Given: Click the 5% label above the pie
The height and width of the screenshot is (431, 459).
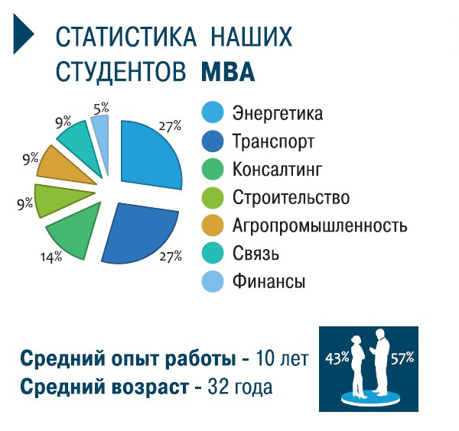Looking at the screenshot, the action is [101, 109].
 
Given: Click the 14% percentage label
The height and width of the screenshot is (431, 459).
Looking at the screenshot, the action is [51, 257].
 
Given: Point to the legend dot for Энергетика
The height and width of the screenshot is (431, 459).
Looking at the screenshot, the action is [213, 112].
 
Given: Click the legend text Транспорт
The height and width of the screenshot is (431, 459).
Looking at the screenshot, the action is [273, 141].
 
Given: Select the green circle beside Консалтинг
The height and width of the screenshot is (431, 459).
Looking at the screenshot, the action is [213, 169].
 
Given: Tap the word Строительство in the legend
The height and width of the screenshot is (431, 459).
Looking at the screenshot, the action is [291, 197].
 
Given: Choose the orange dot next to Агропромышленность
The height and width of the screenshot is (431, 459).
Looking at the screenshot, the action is [213, 225].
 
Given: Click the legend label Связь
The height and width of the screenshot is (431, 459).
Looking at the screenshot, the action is [256, 253].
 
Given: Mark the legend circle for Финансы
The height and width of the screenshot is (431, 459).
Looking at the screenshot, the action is [213, 281].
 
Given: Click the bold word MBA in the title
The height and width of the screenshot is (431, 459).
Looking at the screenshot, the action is [228, 72].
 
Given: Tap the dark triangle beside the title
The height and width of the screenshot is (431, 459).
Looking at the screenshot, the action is [22, 34].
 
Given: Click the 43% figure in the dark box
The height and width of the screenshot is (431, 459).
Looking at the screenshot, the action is [337, 358].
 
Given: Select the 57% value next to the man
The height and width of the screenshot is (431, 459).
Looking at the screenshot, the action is [402, 358].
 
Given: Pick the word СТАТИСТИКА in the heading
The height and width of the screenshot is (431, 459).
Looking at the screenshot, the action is [126, 37].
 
